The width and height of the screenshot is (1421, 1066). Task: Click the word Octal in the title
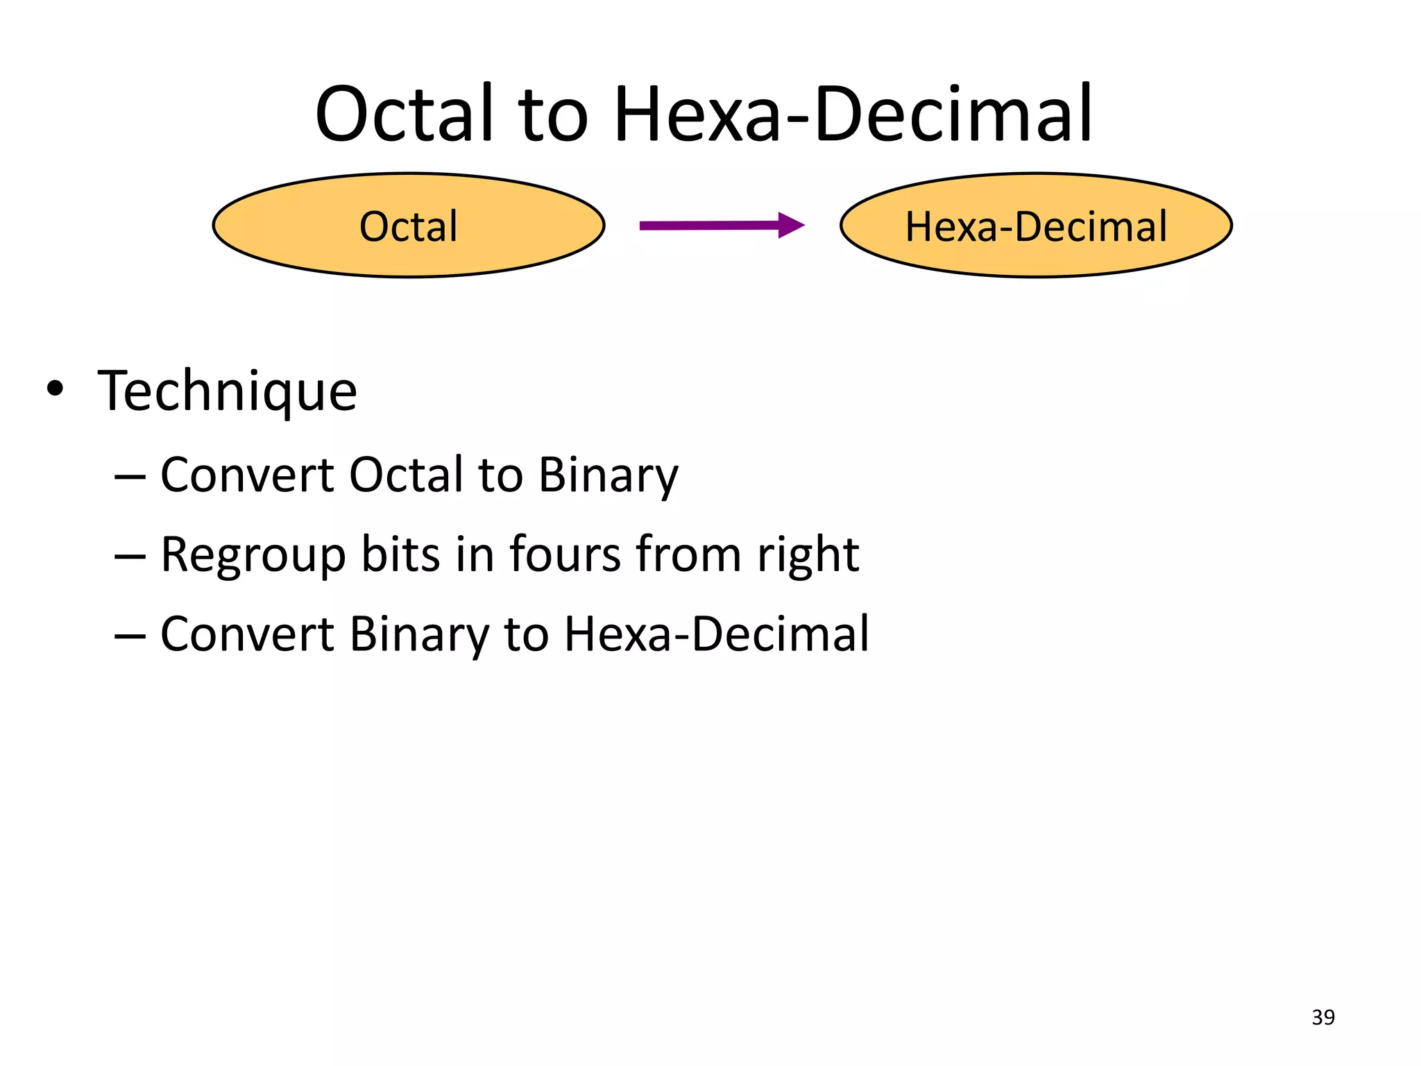[404, 115]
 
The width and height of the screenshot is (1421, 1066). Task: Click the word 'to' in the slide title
[553, 118]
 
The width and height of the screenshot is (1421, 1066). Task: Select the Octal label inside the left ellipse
[409, 226]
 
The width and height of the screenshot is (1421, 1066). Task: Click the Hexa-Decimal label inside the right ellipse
[1036, 226]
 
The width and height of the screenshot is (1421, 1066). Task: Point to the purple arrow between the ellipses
[715, 226]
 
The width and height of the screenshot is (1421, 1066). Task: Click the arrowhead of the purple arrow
[791, 225]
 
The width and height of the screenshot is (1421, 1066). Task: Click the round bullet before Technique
[55, 389]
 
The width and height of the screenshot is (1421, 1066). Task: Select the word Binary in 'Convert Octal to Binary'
[609, 476]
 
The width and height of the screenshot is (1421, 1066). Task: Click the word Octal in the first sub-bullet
[406, 475]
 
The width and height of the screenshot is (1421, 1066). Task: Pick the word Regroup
[253, 555]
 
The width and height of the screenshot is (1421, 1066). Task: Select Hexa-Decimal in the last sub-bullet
[716, 634]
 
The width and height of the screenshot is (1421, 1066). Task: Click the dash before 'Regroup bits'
[130, 556]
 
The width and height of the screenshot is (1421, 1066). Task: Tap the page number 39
[1323, 1017]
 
